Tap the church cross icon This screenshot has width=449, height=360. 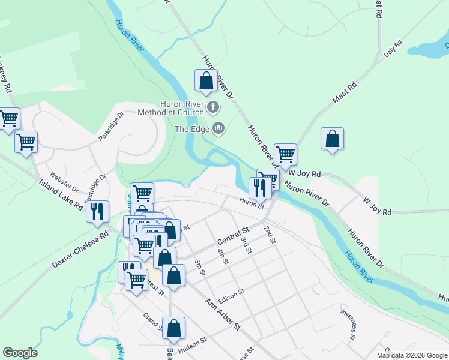coord(213,108)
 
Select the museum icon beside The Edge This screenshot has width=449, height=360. coord(218,128)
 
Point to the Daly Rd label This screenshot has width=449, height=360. coord(393,49)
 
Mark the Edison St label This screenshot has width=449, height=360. coord(232,294)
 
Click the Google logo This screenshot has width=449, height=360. coord(20,353)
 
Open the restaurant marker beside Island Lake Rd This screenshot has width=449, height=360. coord(97,212)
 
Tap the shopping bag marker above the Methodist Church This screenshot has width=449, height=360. coord(206,80)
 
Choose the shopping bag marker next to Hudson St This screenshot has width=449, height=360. coord(173,328)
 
